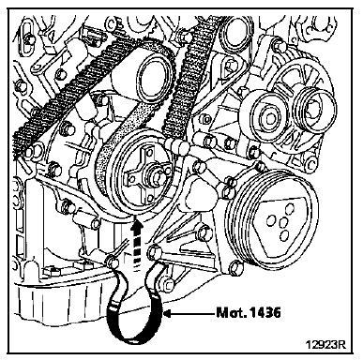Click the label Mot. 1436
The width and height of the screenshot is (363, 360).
pos(249,312)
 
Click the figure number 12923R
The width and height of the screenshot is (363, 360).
pos(325,344)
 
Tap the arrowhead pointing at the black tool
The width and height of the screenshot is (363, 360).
pos(168,313)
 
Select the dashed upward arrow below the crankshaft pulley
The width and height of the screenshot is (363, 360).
pos(136,245)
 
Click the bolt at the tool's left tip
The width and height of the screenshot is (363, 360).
pos(113,261)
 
